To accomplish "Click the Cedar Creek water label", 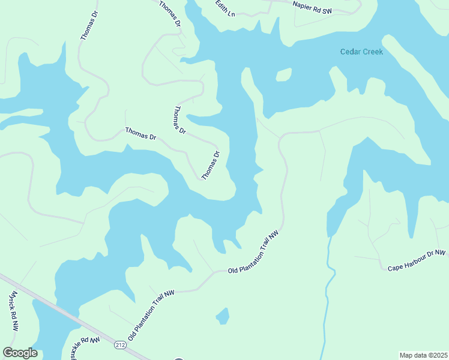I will click(x=361, y=52).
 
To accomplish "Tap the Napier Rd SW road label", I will click(x=312, y=7).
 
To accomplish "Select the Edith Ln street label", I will click(x=226, y=8).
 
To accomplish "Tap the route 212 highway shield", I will click(x=119, y=345).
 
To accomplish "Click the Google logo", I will click(x=20, y=353).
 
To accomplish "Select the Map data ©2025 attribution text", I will click(x=424, y=355).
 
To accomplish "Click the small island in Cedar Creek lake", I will click(x=283, y=74).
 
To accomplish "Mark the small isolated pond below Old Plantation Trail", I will click(x=222, y=315).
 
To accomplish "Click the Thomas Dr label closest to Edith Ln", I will click(x=170, y=14).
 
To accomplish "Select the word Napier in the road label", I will click(x=303, y=5).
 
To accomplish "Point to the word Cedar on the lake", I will click(x=350, y=52).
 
